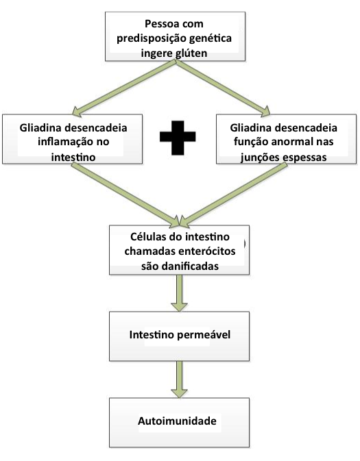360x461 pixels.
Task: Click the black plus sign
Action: tap(178, 138)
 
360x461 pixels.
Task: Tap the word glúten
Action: tap(191, 53)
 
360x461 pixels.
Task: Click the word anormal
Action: tap(291, 142)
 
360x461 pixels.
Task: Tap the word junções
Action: tap(260, 158)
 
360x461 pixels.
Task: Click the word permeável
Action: tap(205, 334)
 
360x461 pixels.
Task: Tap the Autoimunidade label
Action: tap(177, 421)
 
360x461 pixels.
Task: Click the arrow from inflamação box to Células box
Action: tap(125, 195)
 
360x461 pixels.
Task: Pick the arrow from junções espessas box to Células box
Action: tap(233, 195)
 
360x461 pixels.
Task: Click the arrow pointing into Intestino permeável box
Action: tap(179, 292)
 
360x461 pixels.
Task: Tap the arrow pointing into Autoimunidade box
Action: tap(179, 379)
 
